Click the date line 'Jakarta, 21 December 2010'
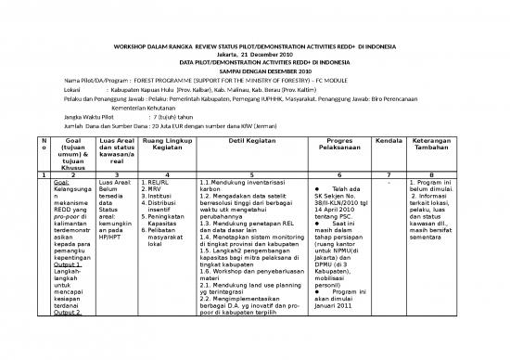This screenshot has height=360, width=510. (254, 54)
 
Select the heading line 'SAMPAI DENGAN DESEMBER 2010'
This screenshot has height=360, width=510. (254, 71)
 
